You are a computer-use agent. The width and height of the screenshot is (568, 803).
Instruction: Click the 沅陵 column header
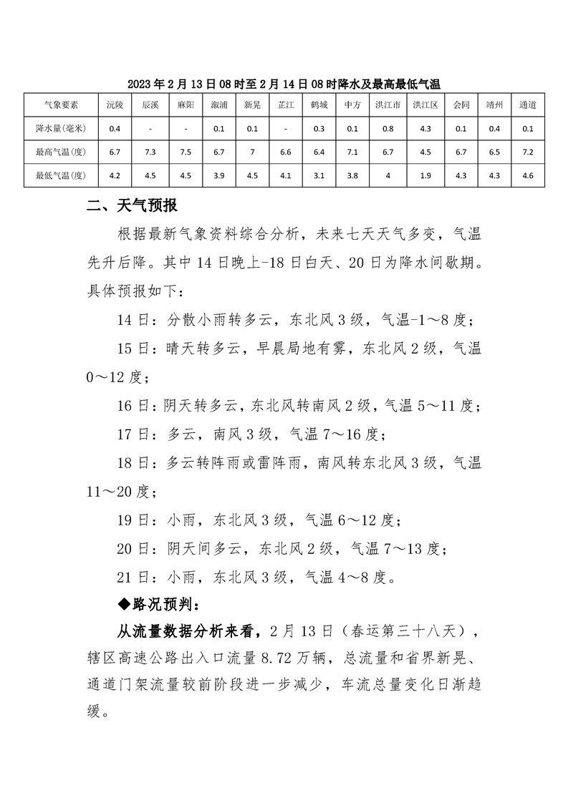(x=115, y=104)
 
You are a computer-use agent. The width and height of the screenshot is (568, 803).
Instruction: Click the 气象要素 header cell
(x=61, y=104)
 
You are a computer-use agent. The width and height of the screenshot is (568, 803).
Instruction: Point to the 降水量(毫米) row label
(x=61, y=128)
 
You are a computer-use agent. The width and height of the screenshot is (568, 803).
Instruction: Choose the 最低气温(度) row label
(x=61, y=175)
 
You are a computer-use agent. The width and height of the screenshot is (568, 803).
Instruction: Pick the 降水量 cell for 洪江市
(x=388, y=128)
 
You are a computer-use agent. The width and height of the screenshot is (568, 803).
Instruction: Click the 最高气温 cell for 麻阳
(x=185, y=152)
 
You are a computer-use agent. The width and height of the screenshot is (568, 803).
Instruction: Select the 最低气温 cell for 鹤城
(x=319, y=175)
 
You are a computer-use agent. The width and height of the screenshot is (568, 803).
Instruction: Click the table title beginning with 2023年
(x=284, y=84)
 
